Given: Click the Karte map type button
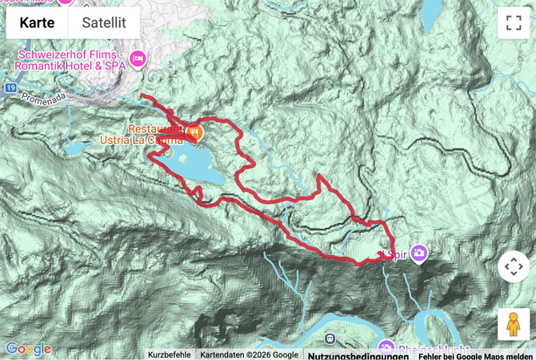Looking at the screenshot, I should (37, 23).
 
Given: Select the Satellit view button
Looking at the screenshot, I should (104, 23).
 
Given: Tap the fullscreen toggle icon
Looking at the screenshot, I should (513, 23).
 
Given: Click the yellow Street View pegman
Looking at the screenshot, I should (513, 324).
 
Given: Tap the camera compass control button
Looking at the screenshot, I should (513, 267).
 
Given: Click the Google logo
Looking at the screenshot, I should (28, 349).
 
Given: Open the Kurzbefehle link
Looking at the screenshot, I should (169, 354).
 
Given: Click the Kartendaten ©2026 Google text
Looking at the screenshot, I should (249, 354).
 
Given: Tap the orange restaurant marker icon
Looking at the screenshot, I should (194, 132).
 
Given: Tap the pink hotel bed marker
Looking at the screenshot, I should (138, 58).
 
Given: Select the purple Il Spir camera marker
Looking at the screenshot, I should (419, 253).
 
